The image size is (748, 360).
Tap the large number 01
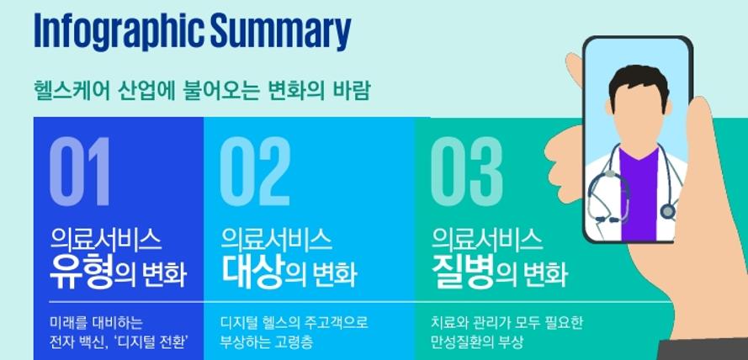[x=80, y=172]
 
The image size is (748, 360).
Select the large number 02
[x=255, y=172]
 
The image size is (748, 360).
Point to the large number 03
[x=467, y=172]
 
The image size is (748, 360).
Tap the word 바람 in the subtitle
[x=353, y=91]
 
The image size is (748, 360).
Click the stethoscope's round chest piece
[x=668, y=212]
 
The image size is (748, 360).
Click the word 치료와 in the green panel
[x=451, y=323]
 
